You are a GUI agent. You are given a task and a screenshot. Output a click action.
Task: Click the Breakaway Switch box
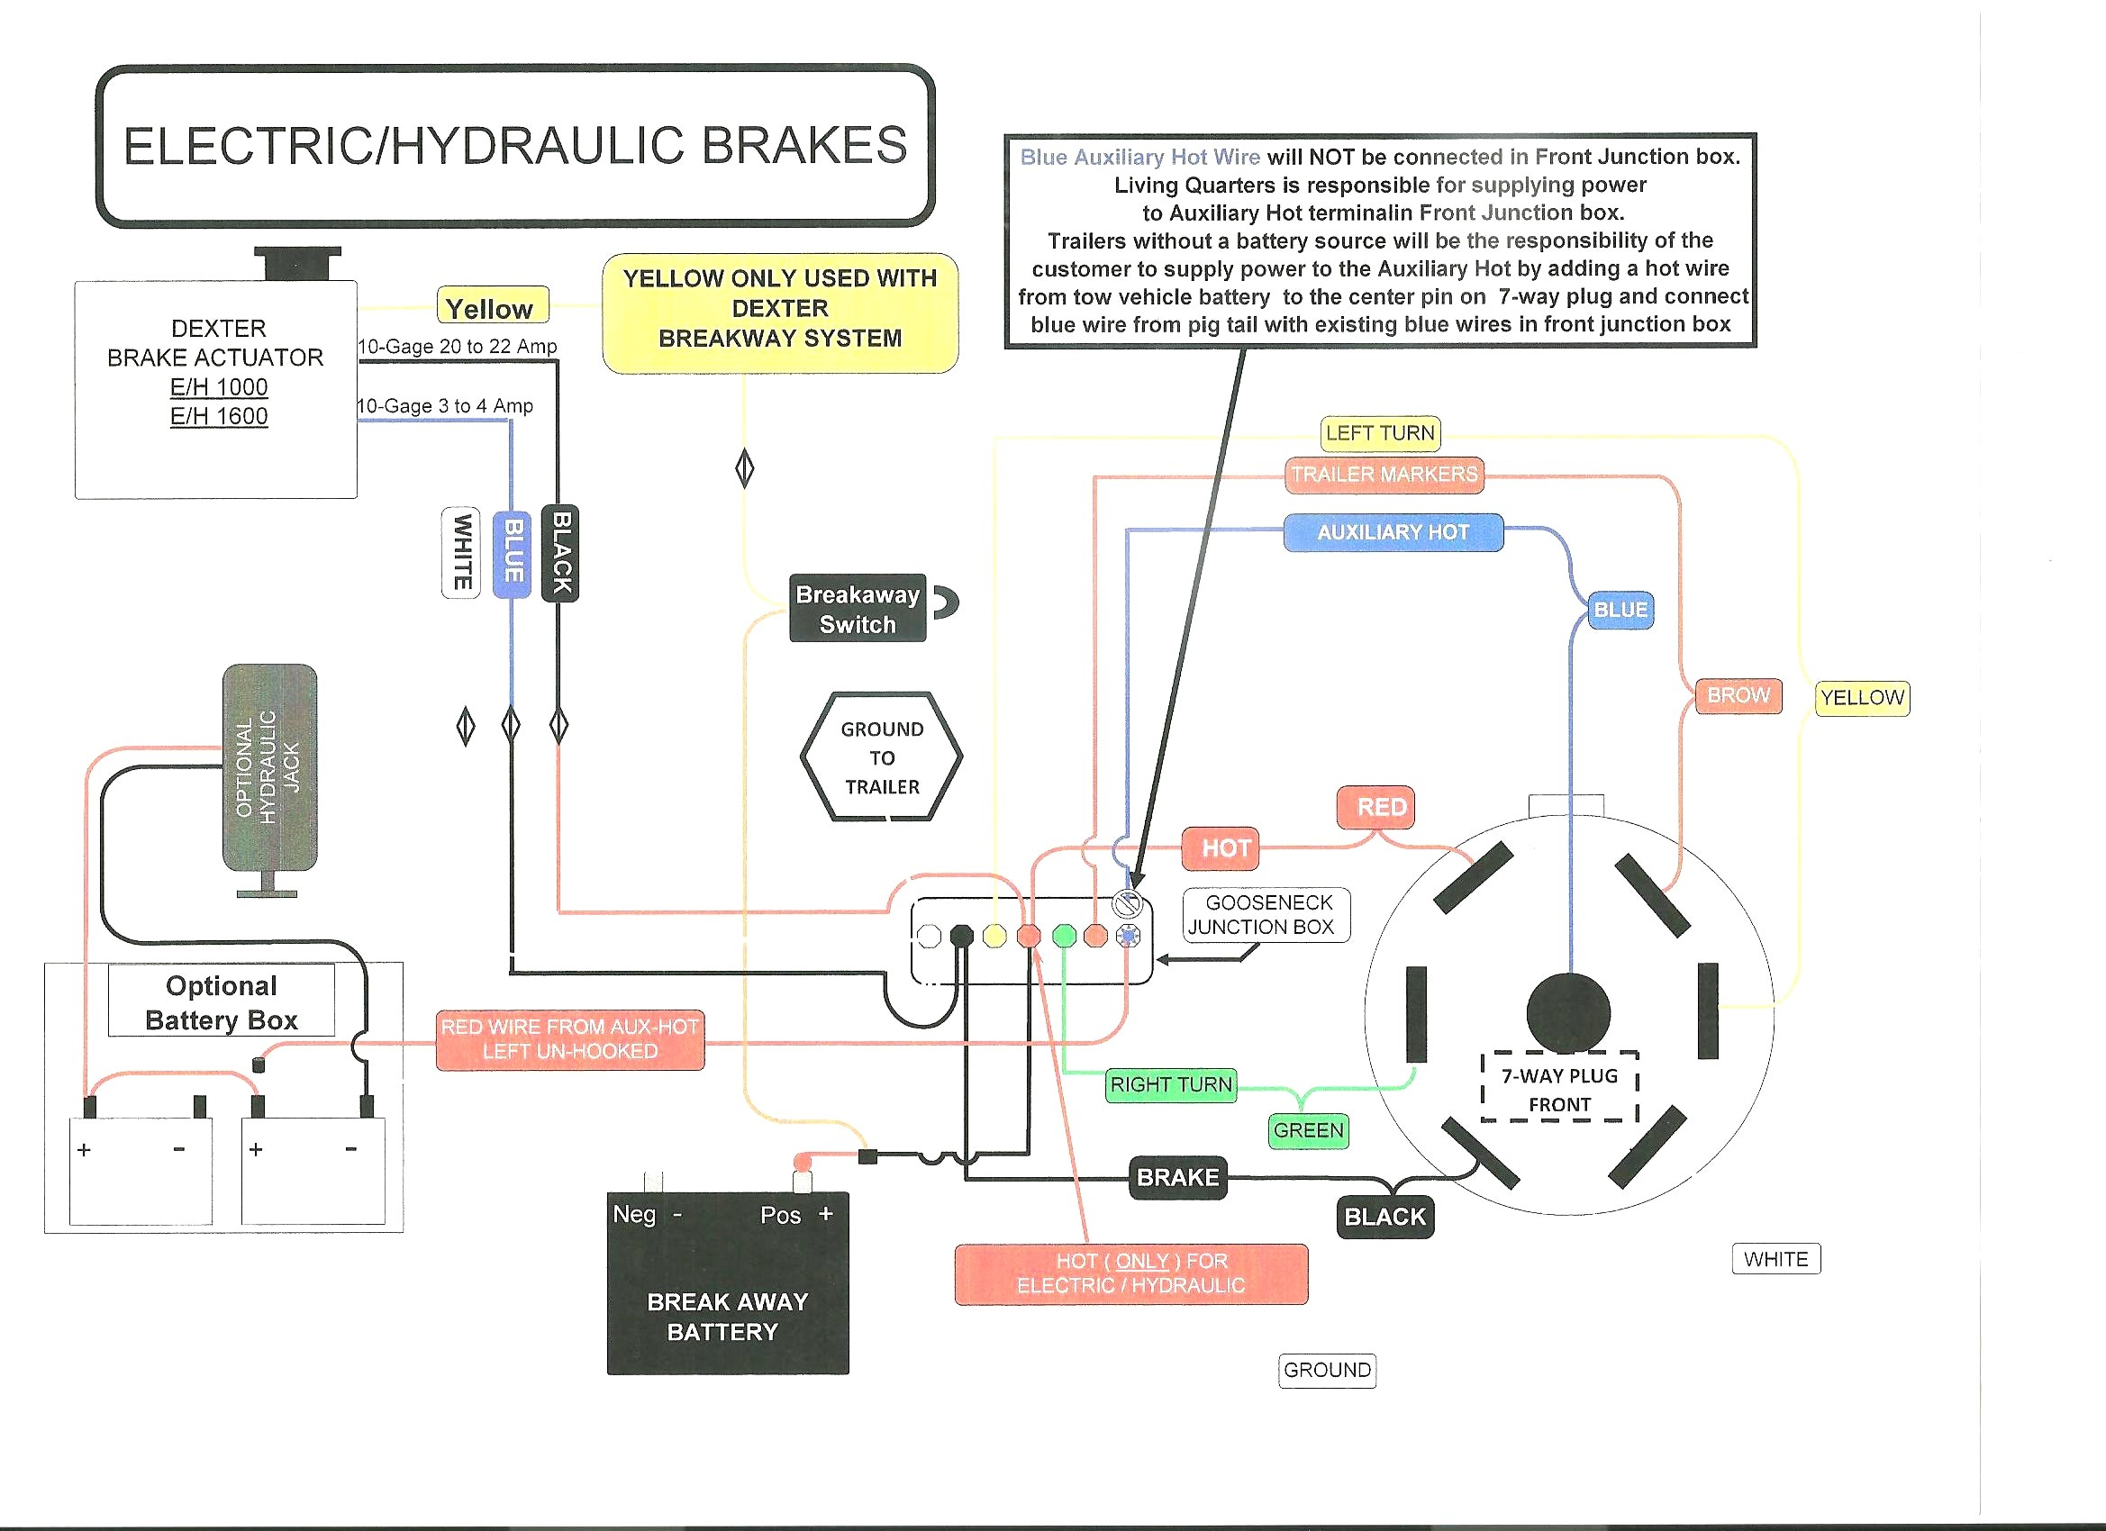tap(857, 608)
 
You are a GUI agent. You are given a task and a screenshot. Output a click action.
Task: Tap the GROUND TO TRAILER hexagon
tap(881, 756)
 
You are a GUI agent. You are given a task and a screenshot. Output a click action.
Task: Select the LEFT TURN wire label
tap(1380, 432)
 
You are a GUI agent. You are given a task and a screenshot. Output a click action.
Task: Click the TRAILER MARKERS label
tap(1384, 475)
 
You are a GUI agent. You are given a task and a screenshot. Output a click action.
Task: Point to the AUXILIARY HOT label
tap(1393, 532)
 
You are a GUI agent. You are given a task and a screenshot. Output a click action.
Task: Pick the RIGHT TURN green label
tap(1171, 1084)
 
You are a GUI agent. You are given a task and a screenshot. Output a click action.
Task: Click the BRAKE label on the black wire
tap(1177, 1177)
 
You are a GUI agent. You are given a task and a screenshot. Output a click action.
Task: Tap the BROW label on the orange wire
tap(1738, 695)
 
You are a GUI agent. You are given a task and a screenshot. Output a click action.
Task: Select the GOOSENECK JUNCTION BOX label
tap(1266, 914)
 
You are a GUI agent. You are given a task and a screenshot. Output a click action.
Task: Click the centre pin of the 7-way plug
tap(1568, 1013)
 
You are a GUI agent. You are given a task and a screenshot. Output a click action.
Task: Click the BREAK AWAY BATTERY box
tap(728, 1283)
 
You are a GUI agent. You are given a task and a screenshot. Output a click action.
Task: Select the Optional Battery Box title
tap(221, 1001)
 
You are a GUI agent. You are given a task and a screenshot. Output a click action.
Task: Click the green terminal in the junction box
tap(1064, 936)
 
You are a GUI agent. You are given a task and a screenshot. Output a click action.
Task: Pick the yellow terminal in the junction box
tap(994, 936)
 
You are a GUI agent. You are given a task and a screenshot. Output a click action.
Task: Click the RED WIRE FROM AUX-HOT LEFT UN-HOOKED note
tap(570, 1040)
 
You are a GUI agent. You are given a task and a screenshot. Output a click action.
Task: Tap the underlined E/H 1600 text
tap(219, 416)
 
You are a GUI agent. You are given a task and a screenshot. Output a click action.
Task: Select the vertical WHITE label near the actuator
tap(461, 552)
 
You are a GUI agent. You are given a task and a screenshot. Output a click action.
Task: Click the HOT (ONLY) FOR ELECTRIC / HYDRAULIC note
tap(1131, 1273)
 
